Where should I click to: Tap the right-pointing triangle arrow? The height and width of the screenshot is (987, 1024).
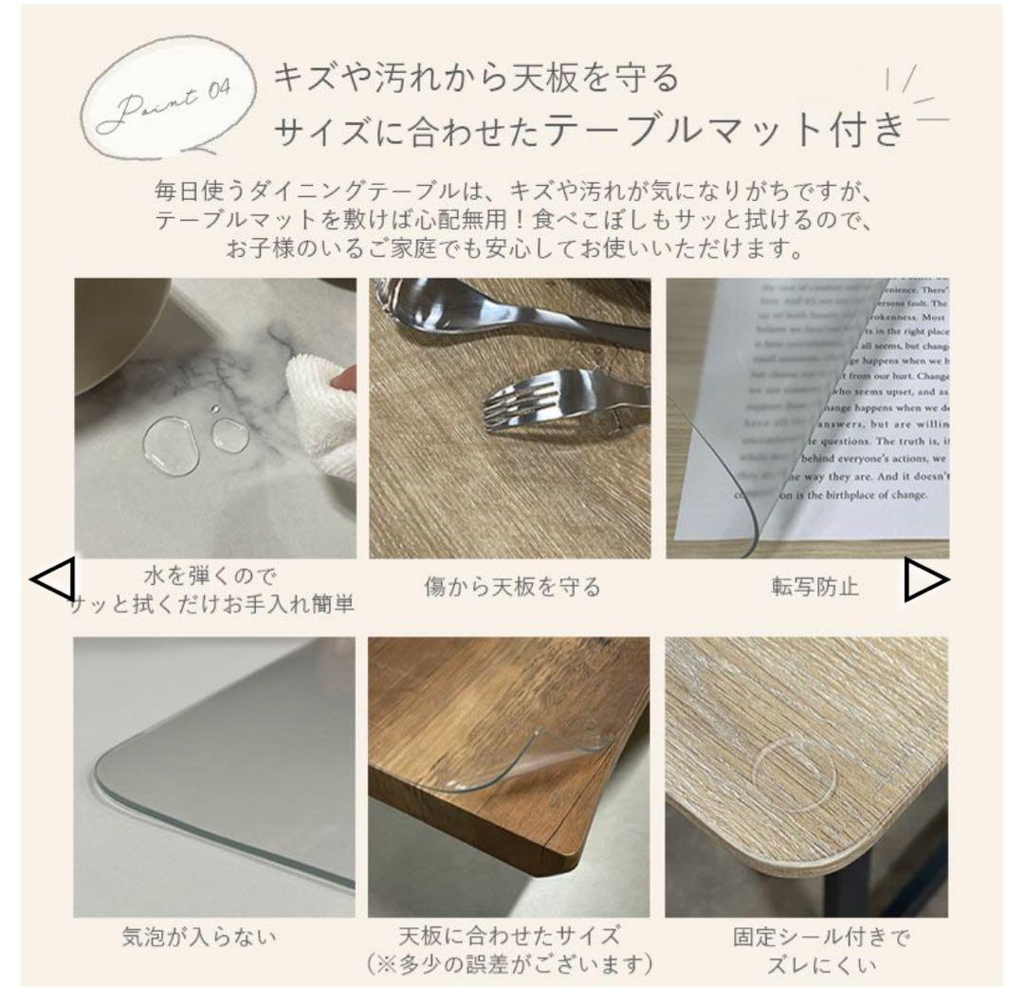pos(924,579)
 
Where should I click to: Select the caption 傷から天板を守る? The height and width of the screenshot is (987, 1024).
pos(512,587)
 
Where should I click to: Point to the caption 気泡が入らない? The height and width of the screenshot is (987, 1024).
pos(199,938)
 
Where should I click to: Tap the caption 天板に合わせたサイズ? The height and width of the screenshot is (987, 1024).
pos(513,937)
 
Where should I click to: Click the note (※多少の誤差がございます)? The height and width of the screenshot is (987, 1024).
pos(513,965)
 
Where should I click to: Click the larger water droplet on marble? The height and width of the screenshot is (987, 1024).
pos(172,446)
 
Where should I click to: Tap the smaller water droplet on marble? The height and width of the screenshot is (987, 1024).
pos(230,435)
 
